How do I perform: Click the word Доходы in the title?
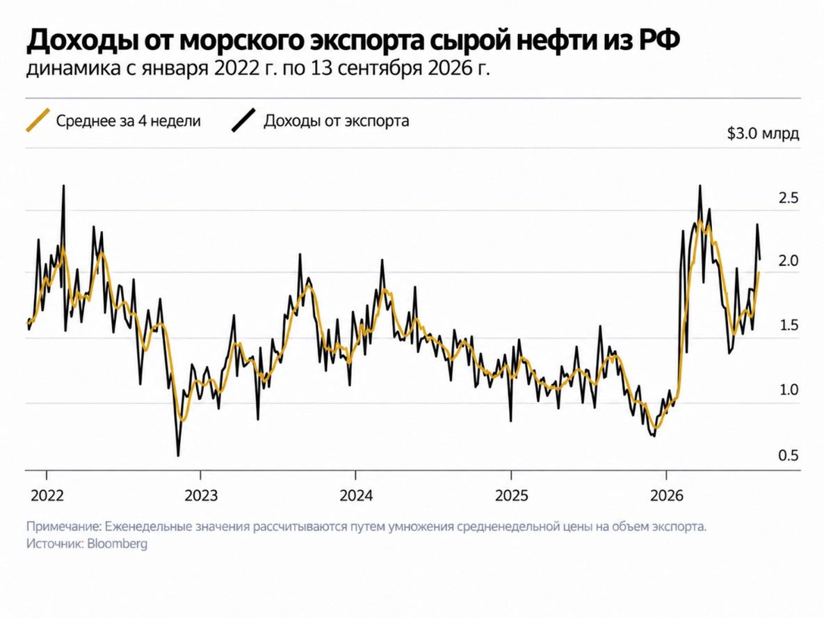point(80,41)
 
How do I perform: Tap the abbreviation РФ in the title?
point(659,40)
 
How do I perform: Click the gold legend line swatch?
point(38,120)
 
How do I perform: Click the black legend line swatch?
point(244,120)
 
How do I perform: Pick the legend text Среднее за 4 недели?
point(128,121)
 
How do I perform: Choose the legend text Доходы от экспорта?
point(337,121)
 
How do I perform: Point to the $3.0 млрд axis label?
point(763,134)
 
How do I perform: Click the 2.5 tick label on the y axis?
point(789,198)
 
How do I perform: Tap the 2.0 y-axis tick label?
point(789,261)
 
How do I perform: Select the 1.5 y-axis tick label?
point(789,326)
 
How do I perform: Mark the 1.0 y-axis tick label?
point(789,390)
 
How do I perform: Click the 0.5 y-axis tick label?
point(789,455)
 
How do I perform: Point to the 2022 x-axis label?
point(47,496)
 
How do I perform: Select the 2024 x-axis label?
point(356,496)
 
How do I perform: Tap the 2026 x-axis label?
point(666,496)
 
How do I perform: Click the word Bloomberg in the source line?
point(118,544)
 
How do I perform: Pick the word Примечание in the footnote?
point(63,527)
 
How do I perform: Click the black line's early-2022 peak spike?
point(63,186)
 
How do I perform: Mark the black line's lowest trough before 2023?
point(178,455)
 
